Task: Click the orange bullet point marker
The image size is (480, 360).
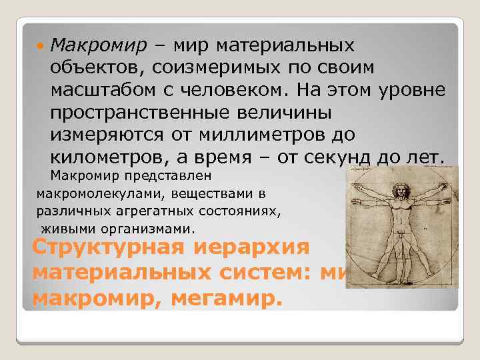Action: (x=41, y=47)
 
